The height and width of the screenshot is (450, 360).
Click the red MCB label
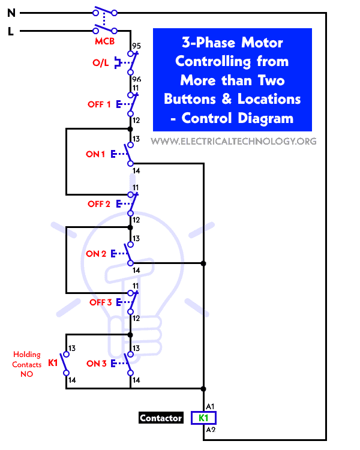coord(104,41)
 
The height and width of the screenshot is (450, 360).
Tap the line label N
coord(10,11)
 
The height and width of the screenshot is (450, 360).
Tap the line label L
coord(10,32)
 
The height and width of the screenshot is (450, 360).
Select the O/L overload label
coord(101,62)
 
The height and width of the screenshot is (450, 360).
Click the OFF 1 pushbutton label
coord(99,104)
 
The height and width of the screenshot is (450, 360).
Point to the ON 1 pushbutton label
coord(95,154)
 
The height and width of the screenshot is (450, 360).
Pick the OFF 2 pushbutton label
coord(99,204)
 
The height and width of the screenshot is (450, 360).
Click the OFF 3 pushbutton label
coord(101,302)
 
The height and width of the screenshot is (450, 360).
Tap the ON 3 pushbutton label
coord(97,364)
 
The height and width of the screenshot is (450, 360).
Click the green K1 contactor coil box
coord(203,418)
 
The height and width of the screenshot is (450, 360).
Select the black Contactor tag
coord(161,418)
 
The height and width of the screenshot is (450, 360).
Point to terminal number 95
coord(136,46)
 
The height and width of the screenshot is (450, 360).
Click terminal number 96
coord(136,79)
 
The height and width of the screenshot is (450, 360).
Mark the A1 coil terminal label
coord(209,406)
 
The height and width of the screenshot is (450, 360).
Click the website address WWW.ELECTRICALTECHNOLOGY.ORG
coord(233,142)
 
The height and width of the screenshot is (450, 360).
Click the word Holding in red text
coord(26,355)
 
